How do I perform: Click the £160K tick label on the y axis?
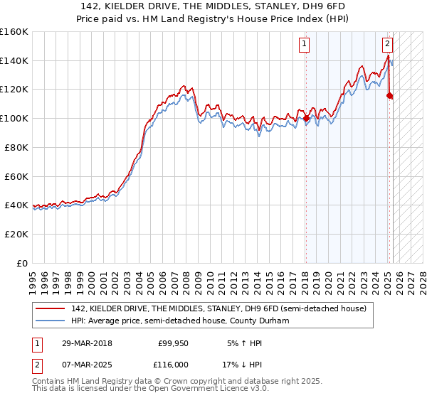14,32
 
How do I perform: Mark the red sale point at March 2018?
306,119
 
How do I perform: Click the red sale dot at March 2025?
389,95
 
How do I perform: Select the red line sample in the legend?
51,308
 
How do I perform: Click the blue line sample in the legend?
51,321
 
